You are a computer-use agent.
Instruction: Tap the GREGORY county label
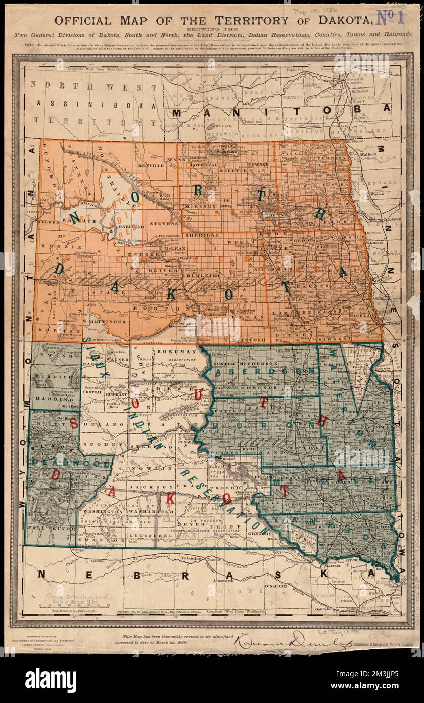tap(259, 533)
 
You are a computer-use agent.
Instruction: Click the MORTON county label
tap(150, 307)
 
